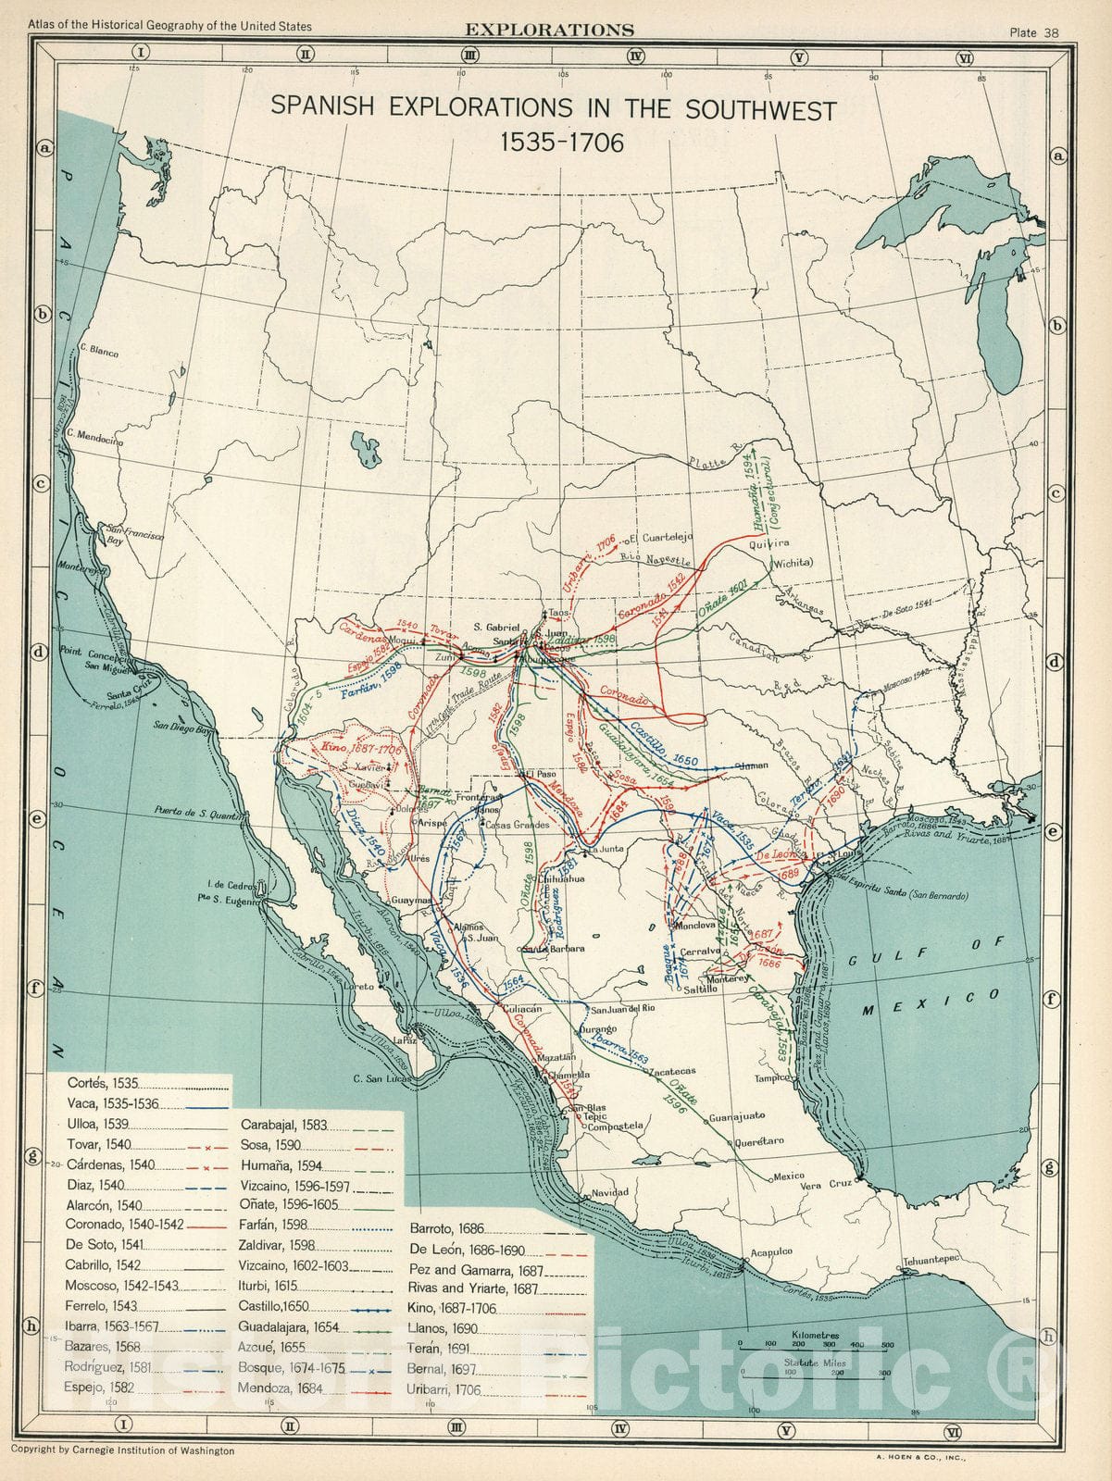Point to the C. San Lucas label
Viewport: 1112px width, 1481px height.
pyautogui.click(x=381, y=1077)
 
